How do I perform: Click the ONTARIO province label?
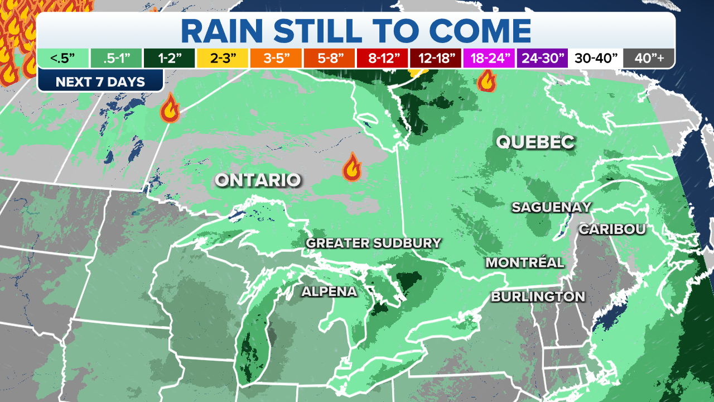pyautogui.click(x=258, y=180)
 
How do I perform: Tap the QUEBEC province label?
pyautogui.click(x=535, y=142)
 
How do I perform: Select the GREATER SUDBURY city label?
pyautogui.click(x=374, y=243)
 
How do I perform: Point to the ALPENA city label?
pyautogui.click(x=329, y=291)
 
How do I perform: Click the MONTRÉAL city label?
pyautogui.click(x=525, y=262)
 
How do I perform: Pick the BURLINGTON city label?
pyautogui.click(x=538, y=296)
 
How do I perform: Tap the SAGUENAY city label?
pyautogui.click(x=551, y=207)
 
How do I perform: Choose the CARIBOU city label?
pyautogui.click(x=612, y=229)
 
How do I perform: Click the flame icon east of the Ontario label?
pyautogui.click(x=351, y=167)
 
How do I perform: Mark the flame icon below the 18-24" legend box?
pyautogui.click(x=487, y=80)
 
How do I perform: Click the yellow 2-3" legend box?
pyautogui.click(x=223, y=58)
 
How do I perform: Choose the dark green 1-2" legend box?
pyautogui.click(x=170, y=58)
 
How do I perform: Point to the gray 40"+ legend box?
pyautogui.click(x=648, y=58)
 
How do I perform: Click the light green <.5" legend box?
pyautogui.click(x=63, y=58)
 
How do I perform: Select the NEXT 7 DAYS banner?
pyautogui.click(x=100, y=82)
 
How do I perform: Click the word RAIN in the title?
pyautogui.click(x=229, y=31)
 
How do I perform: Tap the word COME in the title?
pyautogui.click(x=476, y=31)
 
